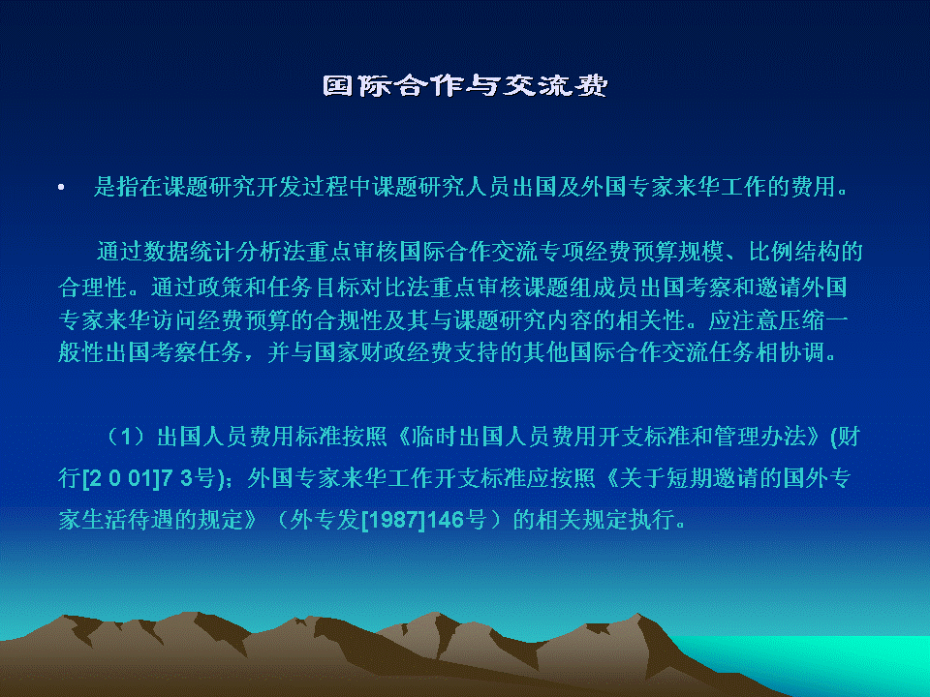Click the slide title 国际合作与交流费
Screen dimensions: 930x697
[x=465, y=85]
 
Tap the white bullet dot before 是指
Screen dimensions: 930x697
[x=61, y=188]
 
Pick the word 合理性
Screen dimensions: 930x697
[x=93, y=288]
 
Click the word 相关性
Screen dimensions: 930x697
[x=651, y=320]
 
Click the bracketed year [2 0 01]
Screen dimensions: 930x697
[x=122, y=477]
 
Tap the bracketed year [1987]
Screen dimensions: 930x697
[x=393, y=520]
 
